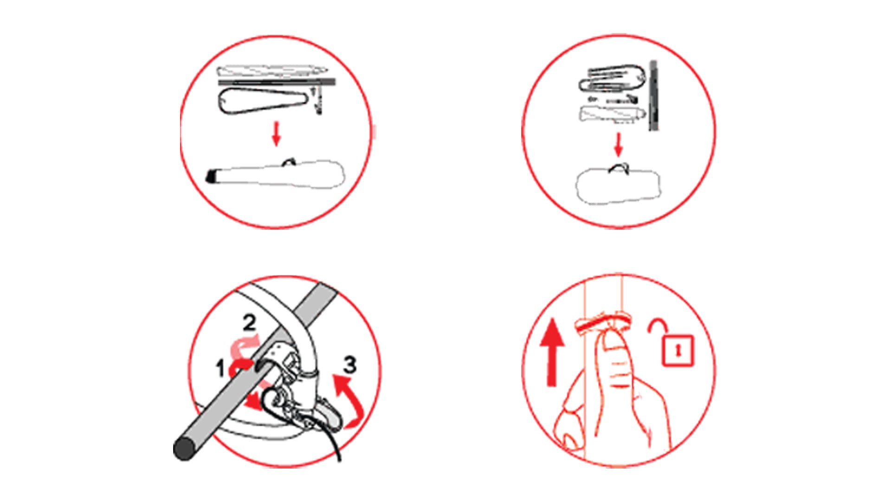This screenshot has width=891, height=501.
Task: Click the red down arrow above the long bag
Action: pyautogui.click(x=277, y=134)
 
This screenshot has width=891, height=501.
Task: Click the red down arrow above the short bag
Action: pyautogui.click(x=618, y=145)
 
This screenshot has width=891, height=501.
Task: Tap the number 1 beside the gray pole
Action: pyautogui.click(x=220, y=369)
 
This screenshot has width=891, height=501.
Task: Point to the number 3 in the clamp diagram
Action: pyautogui.click(x=350, y=365)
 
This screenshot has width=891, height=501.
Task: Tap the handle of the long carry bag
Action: pyautogui.click(x=290, y=161)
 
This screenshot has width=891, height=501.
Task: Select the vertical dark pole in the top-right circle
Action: pyautogui.click(x=653, y=95)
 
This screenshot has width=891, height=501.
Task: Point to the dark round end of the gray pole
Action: pyautogui.click(x=184, y=449)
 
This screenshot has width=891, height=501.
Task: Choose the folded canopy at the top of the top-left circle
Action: pyautogui.click(x=272, y=72)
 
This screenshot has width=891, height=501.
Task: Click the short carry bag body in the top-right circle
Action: pyautogui.click(x=618, y=186)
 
